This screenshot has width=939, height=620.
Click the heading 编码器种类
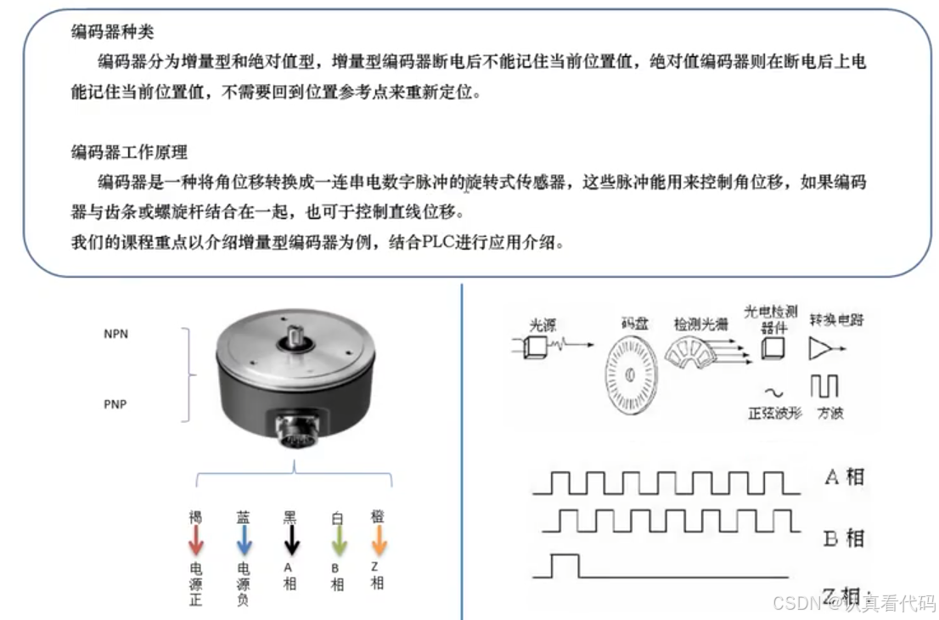(113, 33)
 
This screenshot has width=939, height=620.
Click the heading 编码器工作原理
(129, 153)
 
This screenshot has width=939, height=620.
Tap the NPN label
(115, 334)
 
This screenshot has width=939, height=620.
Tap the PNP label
(115, 404)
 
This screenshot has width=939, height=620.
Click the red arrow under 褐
(196, 540)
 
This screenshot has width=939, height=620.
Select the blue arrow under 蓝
(244, 540)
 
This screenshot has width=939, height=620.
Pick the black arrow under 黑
(291, 540)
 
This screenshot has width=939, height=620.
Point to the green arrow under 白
(338, 540)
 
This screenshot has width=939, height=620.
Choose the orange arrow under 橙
(379, 540)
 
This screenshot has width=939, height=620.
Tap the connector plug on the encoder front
(296, 433)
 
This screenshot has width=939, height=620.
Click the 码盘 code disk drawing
(632, 375)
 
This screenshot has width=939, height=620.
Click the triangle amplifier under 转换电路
(821, 349)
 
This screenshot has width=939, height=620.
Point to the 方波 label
(829, 414)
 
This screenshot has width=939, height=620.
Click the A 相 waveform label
(844, 476)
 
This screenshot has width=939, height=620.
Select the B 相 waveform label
(844, 538)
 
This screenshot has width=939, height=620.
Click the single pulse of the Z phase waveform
(565, 565)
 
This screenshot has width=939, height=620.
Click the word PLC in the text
(439, 243)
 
